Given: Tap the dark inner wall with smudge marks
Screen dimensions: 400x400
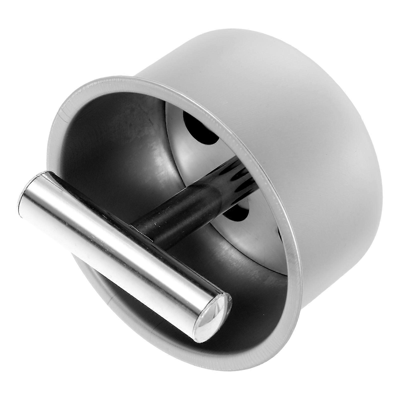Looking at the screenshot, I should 112,140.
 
